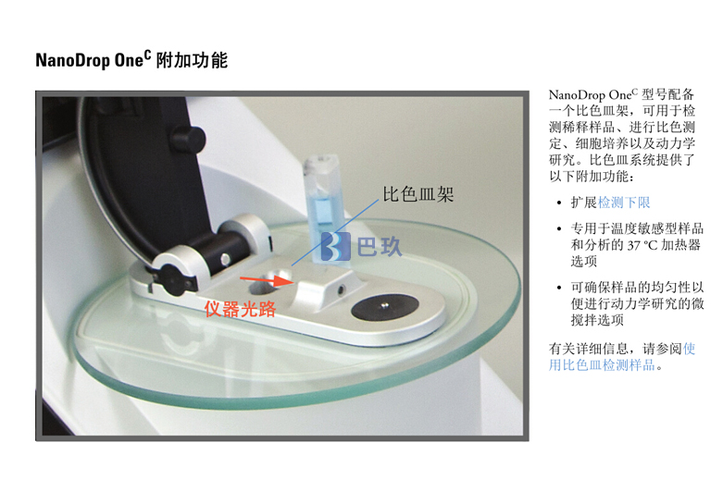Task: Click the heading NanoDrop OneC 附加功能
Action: click(x=131, y=60)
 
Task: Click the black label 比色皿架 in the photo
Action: click(x=418, y=194)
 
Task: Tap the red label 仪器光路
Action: click(x=241, y=309)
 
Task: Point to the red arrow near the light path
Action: click(x=266, y=279)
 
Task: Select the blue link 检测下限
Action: click(x=624, y=203)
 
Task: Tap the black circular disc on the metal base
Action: click(x=384, y=307)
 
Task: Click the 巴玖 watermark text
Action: click(x=380, y=246)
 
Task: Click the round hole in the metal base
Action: click(x=264, y=286)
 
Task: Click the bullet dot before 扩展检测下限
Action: click(x=559, y=203)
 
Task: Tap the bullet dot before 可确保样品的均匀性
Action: click(x=559, y=288)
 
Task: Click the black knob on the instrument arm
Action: click(x=188, y=140)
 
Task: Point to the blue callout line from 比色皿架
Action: click(x=335, y=233)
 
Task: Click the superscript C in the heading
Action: click(x=147, y=55)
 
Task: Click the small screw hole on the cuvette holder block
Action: click(x=341, y=289)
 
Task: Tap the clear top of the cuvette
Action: click(x=321, y=163)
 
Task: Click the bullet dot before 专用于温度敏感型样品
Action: click(x=559, y=229)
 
